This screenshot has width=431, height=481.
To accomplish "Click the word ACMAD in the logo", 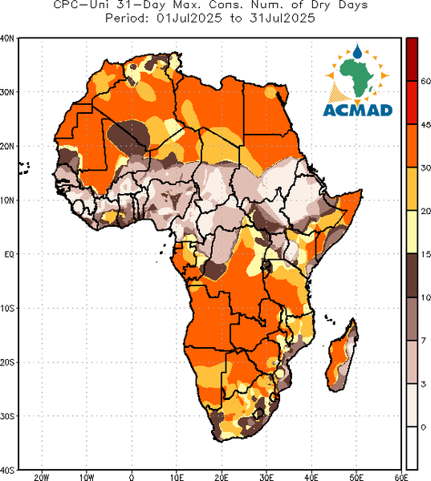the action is click(358, 110).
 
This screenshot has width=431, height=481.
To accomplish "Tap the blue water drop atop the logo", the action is click(357, 51).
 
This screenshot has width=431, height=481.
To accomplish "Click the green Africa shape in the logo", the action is click(356, 77).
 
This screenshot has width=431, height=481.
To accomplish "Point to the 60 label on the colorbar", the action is click(425, 81).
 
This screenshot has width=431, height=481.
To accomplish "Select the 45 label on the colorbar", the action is click(425, 124).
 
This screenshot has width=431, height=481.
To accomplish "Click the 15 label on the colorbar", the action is click(425, 254).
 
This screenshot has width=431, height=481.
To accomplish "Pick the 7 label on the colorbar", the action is click(423, 341).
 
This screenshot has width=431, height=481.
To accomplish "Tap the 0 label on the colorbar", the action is click(423, 427).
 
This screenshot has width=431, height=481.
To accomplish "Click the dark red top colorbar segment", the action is click(412, 59).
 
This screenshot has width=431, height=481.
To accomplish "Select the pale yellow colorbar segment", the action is click(412, 232).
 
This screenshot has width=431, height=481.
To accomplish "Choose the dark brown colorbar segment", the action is click(412, 275).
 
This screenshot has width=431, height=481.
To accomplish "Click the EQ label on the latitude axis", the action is click(9, 254).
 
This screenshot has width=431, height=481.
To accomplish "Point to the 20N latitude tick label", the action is click(6, 147).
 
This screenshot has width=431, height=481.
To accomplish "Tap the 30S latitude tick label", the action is click(6, 416).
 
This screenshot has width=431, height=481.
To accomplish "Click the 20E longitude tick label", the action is click(222, 477).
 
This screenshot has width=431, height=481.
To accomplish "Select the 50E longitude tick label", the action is click(356, 477).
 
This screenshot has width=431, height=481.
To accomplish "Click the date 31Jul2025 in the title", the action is click(282, 18).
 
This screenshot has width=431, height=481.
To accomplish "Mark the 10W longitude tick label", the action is click(87, 477).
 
